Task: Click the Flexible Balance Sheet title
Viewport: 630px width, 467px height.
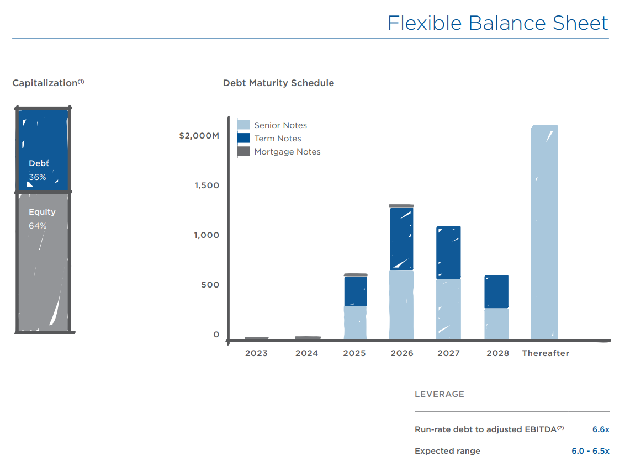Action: point(497,23)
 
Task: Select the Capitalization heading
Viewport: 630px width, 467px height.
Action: point(45,83)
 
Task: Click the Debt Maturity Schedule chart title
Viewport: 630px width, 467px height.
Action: point(278,83)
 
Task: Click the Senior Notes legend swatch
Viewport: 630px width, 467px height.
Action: point(243,125)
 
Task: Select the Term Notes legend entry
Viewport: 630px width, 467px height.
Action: point(277,139)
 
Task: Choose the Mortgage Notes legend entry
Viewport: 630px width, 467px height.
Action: point(287,152)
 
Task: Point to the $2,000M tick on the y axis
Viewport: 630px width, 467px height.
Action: point(199,136)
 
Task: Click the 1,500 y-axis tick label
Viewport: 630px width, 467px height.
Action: point(207,185)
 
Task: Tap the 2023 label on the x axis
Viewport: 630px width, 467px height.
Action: point(256,353)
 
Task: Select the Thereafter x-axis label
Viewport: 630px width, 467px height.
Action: point(545,353)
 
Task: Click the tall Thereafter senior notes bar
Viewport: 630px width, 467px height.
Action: point(544,232)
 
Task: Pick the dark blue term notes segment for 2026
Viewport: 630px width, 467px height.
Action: point(401,238)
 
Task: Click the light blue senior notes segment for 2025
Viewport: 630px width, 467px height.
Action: point(355,323)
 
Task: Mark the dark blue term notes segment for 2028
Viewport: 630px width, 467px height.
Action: point(496,291)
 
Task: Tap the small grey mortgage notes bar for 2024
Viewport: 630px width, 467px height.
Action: point(308,338)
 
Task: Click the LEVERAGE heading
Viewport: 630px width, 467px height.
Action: point(439,394)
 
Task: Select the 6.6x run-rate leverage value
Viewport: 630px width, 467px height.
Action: point(601,429)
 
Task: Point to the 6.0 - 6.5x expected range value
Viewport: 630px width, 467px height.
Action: point(590,451)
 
